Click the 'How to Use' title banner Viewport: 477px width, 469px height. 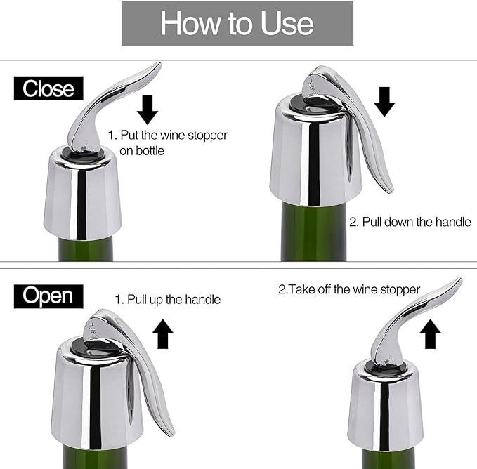(x=237, y=23)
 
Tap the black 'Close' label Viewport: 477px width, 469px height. (x=48, y=88)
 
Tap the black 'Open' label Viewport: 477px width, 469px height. (x=48, y=296)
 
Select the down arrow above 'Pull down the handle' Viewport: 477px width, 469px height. (x=384, y=101)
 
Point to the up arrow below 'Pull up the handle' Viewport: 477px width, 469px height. (x=164, y=333)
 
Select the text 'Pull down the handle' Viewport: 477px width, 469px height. (x=410, y=222)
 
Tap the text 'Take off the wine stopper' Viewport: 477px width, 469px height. (x=348, y=289)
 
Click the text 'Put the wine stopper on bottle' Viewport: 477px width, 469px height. (x=167, y=142)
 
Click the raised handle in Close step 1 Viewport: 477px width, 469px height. (x=105, y=106)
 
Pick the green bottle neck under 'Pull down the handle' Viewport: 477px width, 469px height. (x=313, y=232)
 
